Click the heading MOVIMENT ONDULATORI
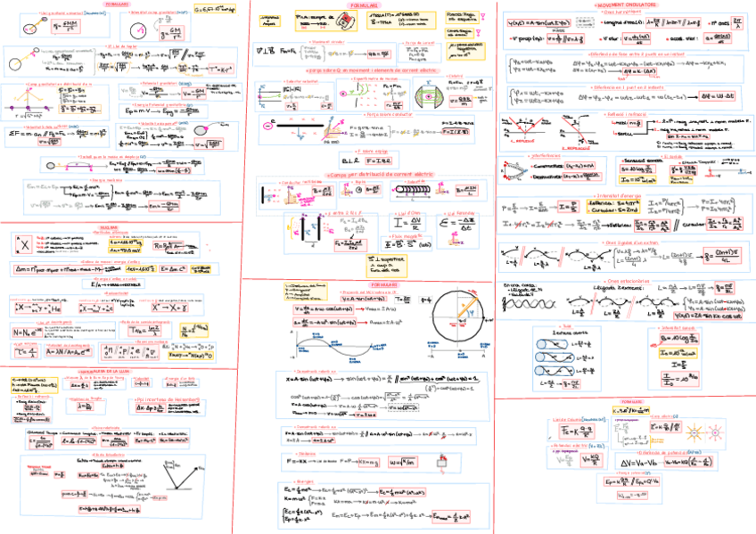[624, 4]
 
